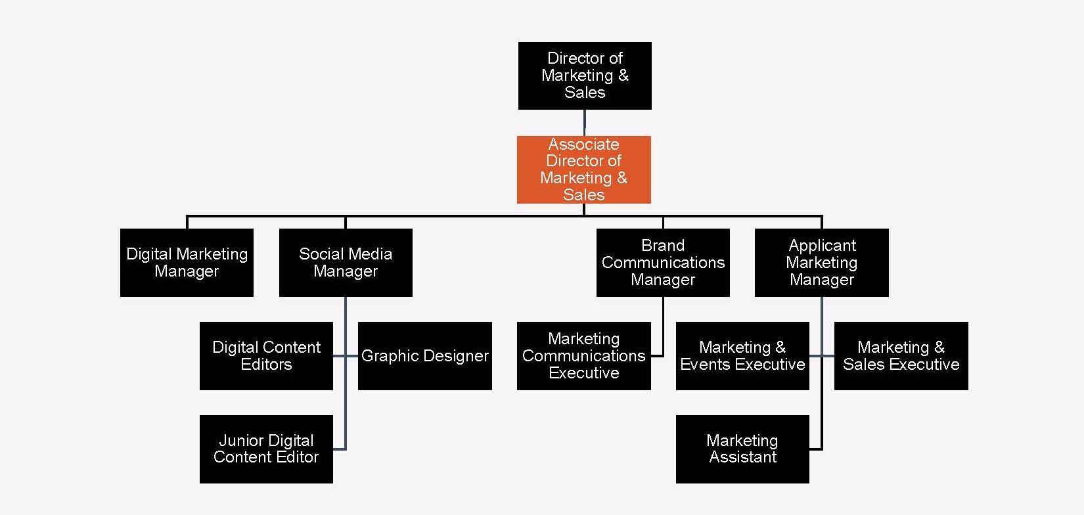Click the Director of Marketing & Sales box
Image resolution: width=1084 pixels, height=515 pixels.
pyautogui.click(x=585, y=76)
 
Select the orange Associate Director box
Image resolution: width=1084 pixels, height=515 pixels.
pyautogui.click(x=583, y=169)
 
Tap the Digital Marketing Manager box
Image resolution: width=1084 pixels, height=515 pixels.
pyautogui.click(x=187, y=262)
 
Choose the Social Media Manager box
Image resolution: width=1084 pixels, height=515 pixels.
pyautogui.click(x=346, y=262)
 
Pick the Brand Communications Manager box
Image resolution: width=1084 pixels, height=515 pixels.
pyautogui.click(x=663, y=262)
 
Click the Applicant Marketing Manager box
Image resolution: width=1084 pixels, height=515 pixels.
pyautogui.click(x=822, y=262)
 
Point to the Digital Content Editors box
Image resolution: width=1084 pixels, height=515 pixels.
pyautogui.click(x=266, y=356)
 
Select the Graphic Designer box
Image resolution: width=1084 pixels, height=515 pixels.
pyautogui.click(x=425, y=356)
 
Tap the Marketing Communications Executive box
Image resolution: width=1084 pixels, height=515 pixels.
pyautogui.click(x=583, y=356)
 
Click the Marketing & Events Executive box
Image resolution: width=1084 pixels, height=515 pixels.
pyautogui.click(x=742, y=356)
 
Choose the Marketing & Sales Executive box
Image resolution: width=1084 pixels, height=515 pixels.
pyautogui.click(x=901, y=356)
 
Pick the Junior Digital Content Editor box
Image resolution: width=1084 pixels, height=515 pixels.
pyautogui.click(x=266, y=449)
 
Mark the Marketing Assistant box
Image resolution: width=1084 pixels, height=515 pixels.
pyautogui.click(x=742, y=449)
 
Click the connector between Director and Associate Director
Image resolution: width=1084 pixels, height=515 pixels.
pyautogui.click(x=585, y=123)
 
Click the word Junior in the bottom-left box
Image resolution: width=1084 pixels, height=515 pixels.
pyautogui.click(x=239, y=441)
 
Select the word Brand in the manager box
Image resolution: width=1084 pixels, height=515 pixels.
pyautogui.click(x=663, y=246)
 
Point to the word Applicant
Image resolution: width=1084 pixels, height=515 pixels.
pyautogui.click(x=822, y=246)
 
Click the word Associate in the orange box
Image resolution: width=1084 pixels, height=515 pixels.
pyautogui.click(x=583, y=145)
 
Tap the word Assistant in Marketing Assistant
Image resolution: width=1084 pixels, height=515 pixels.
pyautogui.click(x=743, y=457)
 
